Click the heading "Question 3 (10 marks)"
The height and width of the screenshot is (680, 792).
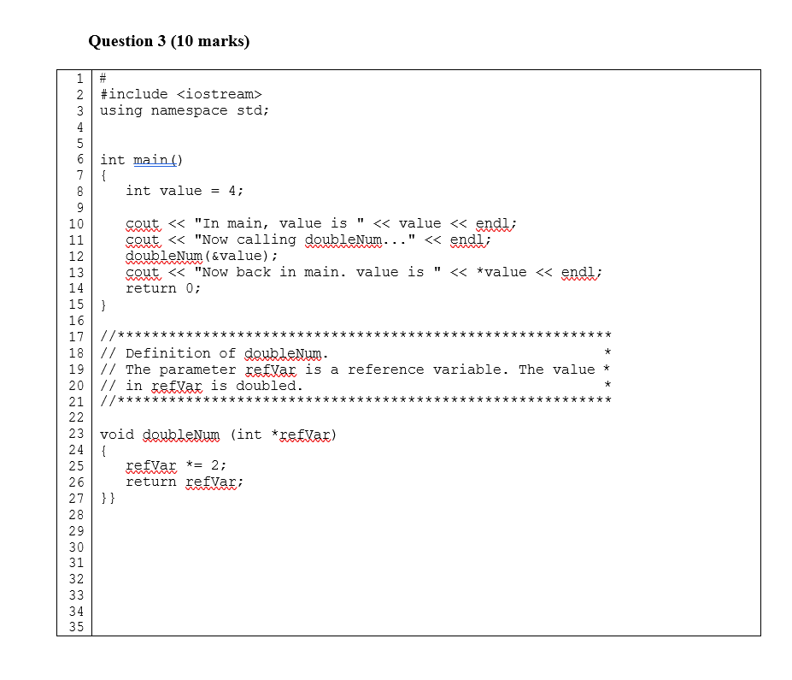click(x=168, y=41)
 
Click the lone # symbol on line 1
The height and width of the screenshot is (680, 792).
click(x=103, y=78)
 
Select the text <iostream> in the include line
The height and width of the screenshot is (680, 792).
click(x=220, y=95)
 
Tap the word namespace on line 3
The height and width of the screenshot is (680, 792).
click(x=190, y=110)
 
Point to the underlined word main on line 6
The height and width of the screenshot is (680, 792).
click(x=150, y=160)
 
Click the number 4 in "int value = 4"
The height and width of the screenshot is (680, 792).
click(x=232, y=191)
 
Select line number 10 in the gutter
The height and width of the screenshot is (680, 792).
click(x=76, y=224)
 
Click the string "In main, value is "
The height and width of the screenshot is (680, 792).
click(x=279, y=223)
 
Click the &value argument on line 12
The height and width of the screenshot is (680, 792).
click(x=237, y=256)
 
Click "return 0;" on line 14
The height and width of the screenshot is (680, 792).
click(x=163, y=288)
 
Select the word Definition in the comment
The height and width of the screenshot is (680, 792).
click(x=168, y=353)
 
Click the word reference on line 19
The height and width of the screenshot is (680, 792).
click(x=386, y=370)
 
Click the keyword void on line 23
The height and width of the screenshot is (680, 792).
click(x=117, y=435)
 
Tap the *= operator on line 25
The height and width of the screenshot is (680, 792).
click(x=194, y=465)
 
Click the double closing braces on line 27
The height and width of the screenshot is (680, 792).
click(x=108, y=499)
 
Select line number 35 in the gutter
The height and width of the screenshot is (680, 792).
click(x=76, y=627)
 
